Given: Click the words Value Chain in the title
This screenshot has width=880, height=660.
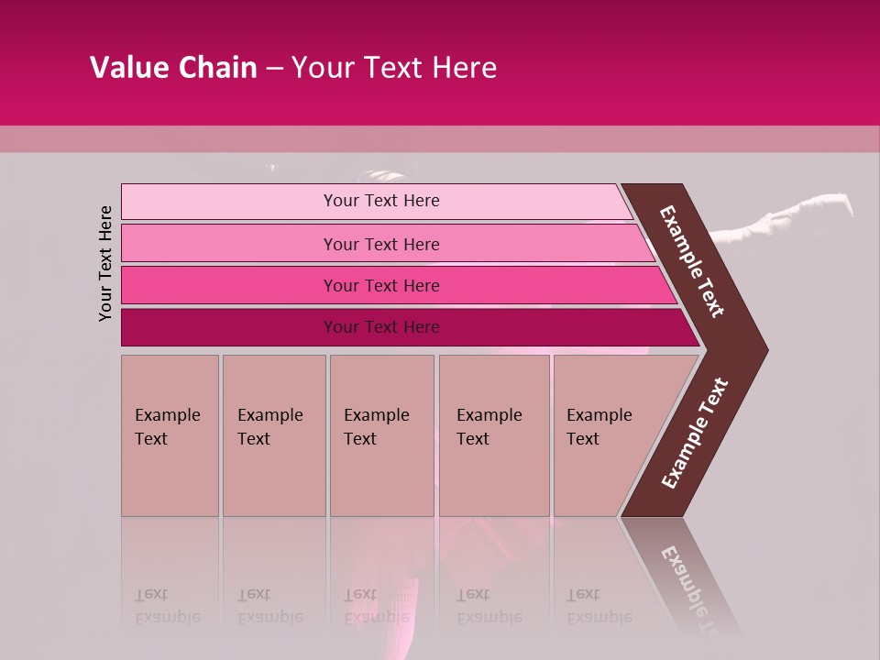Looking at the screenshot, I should click(x=173, y=68).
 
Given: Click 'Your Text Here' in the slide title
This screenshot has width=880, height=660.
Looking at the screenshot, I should click(x=394, y=68).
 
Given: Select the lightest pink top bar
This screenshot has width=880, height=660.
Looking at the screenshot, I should click(x=229, y=201).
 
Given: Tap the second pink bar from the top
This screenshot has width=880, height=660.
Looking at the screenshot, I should click(x=229, y=244).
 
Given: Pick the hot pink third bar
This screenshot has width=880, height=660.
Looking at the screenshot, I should click(x=229, y=285).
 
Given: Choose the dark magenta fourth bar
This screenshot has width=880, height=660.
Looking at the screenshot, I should click(x=229, y=327).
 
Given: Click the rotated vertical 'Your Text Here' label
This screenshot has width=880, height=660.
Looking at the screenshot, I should click(x=106, y=263).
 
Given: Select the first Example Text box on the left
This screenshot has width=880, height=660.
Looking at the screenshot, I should click(x=170, y=435).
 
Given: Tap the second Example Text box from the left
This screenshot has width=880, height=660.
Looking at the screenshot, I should click(x=273, y=435).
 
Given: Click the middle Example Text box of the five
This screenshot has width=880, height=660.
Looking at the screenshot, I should click(x=381, y=435).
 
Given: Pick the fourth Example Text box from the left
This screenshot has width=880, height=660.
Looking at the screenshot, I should click(x=494, y=435).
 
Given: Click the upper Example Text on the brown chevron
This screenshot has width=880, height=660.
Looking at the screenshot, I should click(x=692, y=261).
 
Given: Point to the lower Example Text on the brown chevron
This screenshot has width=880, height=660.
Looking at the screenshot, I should click(x=694, y=434).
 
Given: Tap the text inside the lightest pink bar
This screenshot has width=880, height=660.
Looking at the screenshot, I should click(x=381, y=201).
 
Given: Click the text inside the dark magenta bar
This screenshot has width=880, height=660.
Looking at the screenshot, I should click(x=381, y=327).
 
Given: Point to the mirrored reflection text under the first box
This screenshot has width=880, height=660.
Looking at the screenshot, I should click(x=167, y=606).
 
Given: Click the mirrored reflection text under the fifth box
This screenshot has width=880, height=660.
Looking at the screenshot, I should click(x=599, y=606).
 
